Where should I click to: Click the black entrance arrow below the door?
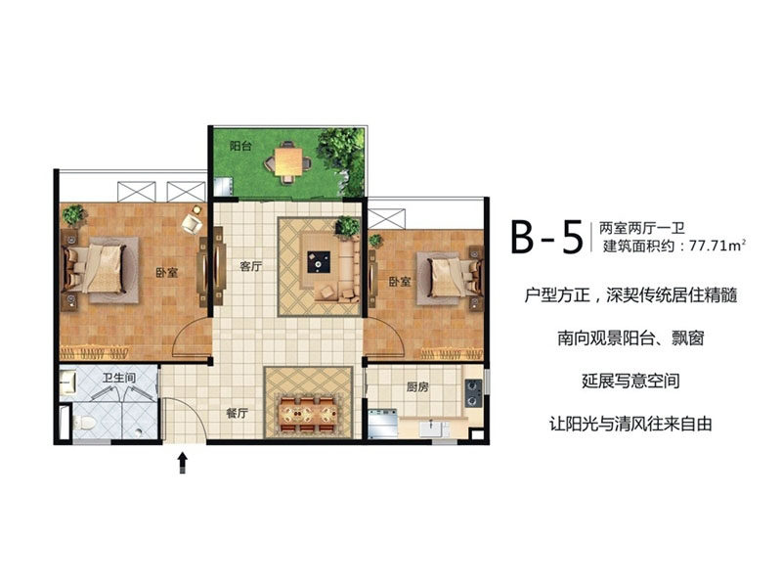click(183, 463)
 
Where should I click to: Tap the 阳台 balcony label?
click(240, 147)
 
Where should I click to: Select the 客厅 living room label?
click(250, 266)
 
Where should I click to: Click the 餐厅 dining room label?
click(237, 413)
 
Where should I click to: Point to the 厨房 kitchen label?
click(417, 386)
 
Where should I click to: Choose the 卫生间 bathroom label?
click(118, 378)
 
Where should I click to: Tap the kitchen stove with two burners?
click(473, 393)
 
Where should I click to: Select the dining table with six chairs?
click(308, 413)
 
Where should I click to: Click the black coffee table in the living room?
click(319, 261)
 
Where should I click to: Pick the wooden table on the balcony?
click(288, 161)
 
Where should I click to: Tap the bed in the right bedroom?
click(450, 277)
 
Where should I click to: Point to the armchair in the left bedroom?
click(192, 223)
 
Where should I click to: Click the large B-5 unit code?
click(547, 237)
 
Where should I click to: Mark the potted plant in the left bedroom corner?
click(74, 215)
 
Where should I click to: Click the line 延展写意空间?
click(630, 381)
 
